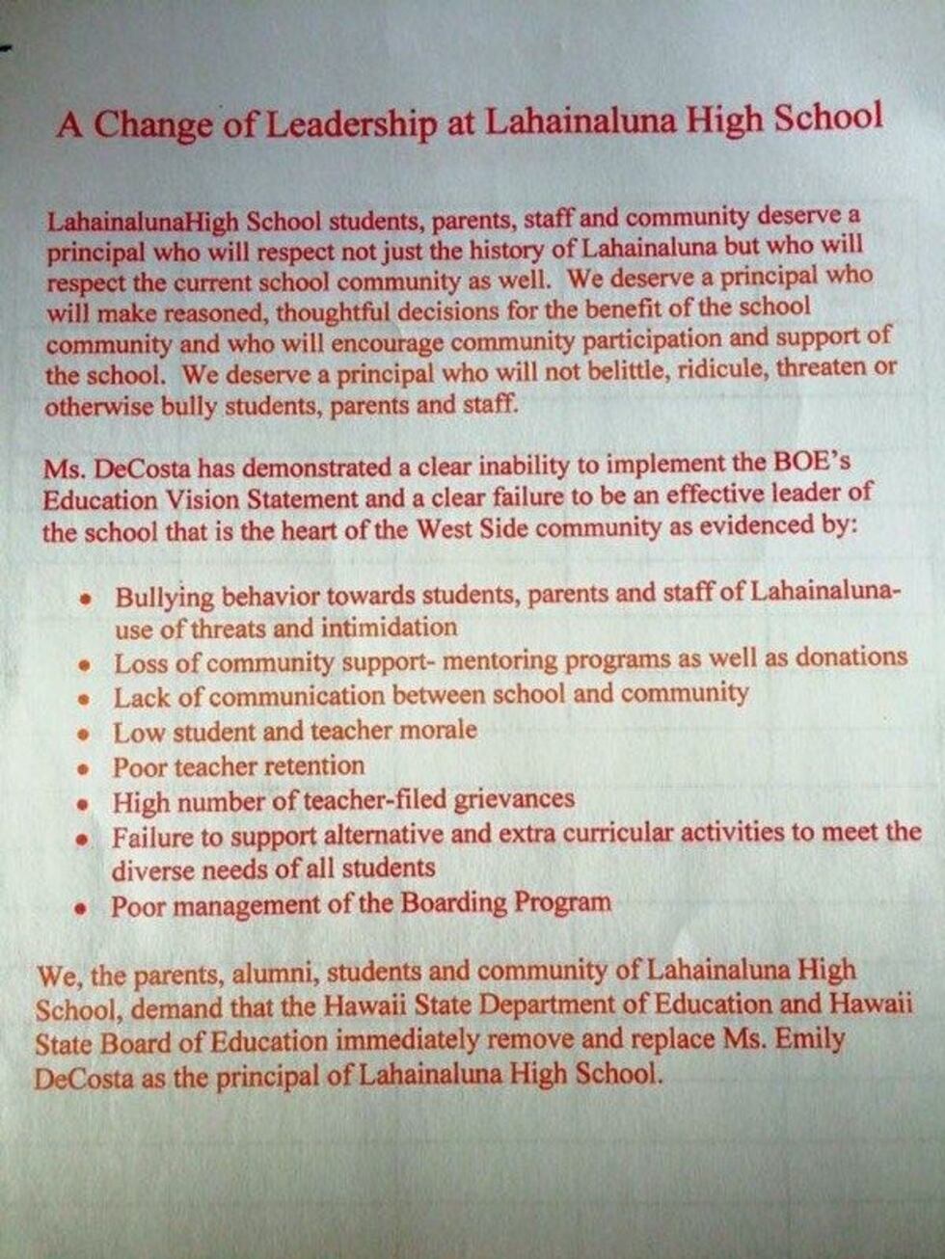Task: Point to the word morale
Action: pyautogui.click(x=433, y=730)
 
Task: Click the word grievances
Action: pyautogui.click(x=514, y=799)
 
